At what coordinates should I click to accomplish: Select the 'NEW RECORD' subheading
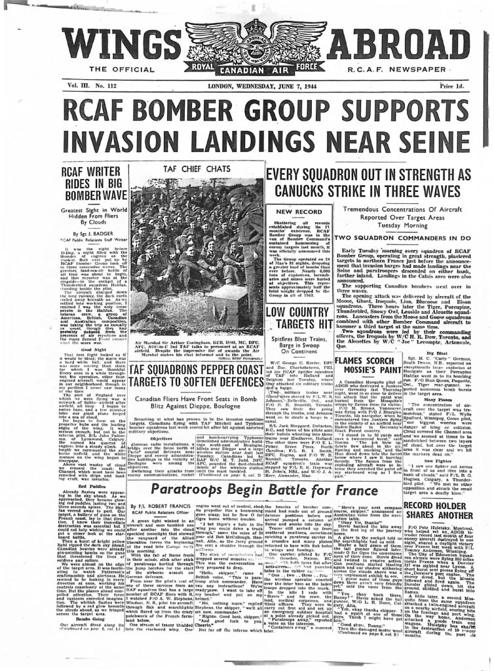tap(294, 212)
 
